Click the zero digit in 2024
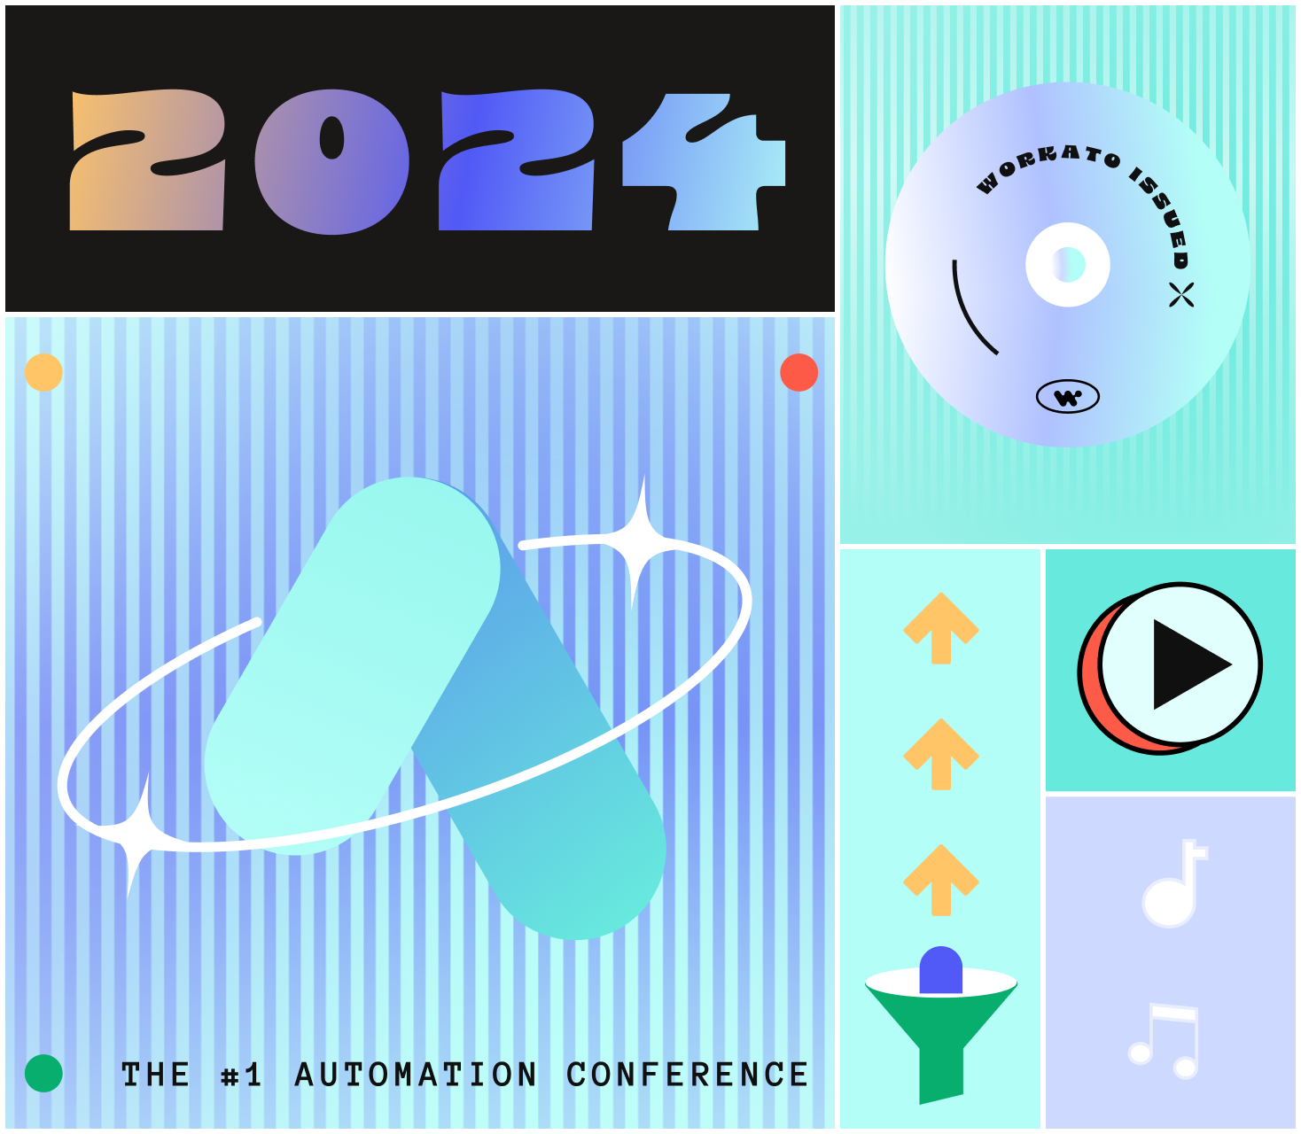[x=331, y=161]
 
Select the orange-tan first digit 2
[x=146, y=161]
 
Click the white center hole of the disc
[x=1068, y=264]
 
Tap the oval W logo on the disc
[x=1068, y=397]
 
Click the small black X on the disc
[x=1181, y=294]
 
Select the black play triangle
[x=1188, y=664]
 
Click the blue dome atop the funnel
[x=941, y=969]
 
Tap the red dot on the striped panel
[x=799, y=372]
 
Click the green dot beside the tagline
[x=43, y=1074]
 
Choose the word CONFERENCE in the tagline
[x=687, y=1075]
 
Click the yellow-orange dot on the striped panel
[x=43, y=372]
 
